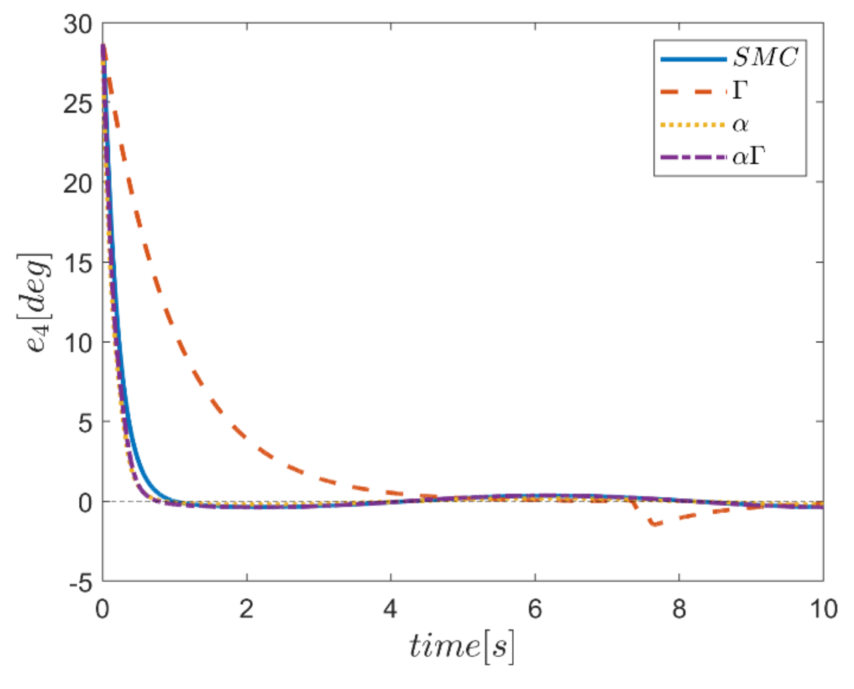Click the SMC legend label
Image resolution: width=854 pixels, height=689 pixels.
pos(765,57)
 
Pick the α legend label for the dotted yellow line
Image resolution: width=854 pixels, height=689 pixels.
pos(740,125)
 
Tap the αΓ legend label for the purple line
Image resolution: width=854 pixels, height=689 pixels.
pos(749,156)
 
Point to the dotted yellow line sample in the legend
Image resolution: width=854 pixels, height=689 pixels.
pos(693,125)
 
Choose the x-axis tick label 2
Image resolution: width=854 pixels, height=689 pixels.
pos(247,609)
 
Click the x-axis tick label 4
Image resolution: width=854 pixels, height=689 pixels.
pos(390,609)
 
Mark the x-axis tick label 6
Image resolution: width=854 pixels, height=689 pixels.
pos(535,609)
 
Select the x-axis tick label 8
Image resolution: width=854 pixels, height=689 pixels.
pos(679,609)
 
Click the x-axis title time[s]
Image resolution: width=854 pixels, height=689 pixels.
pos(462,646)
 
